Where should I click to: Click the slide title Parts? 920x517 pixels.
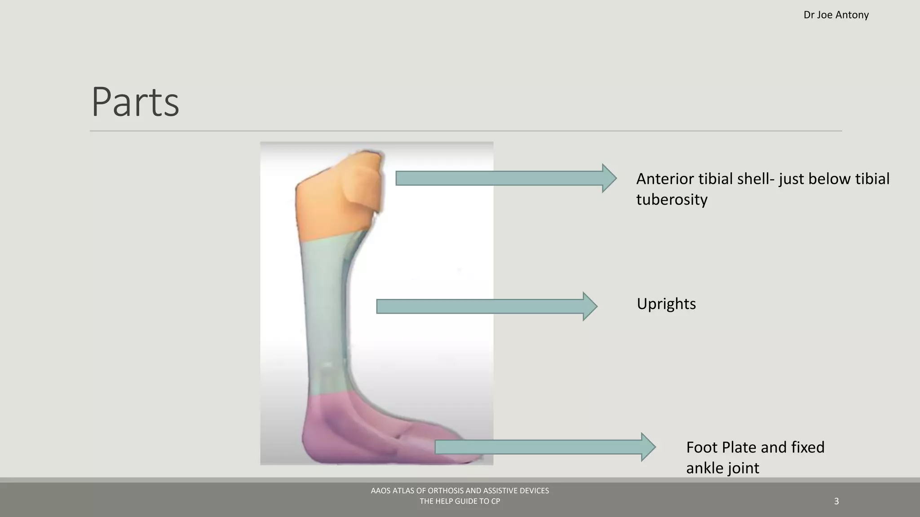tap(135, 102)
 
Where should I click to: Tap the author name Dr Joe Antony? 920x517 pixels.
tap(836, 15)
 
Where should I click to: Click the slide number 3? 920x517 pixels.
tap(836, 501)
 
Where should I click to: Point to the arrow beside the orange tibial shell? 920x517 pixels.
tap(505, 178)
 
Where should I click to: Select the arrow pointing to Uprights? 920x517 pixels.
tap(486, 307)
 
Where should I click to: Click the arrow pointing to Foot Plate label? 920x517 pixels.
tap(544, 447)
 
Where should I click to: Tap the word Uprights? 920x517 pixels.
tap(666, 304)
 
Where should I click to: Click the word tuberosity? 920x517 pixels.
tap(672, 199)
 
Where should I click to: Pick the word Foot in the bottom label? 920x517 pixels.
tap(702, 447)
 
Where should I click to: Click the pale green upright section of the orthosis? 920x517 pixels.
tap(323, 314)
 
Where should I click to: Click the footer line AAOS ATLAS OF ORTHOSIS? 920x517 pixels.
tap(460, 491)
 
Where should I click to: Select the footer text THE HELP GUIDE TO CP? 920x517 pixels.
tap(460, 501)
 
